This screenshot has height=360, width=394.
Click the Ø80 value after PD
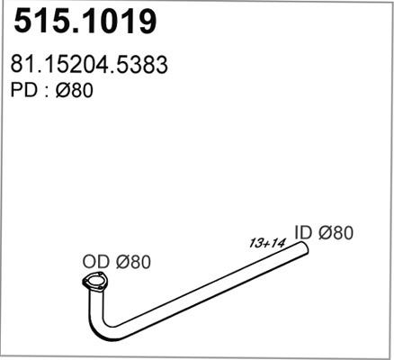point(75,91)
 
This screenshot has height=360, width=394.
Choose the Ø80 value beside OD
point(131,262)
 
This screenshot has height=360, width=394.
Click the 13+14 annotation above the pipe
point(266,242)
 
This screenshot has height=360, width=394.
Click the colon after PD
point(45,92)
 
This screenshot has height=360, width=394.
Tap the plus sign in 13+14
point(266,242)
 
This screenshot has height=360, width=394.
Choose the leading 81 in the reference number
point(22,66)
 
